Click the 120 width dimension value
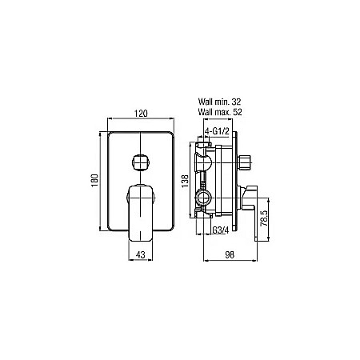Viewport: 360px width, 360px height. (141, 114)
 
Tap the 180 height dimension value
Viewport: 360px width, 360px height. (95, 181)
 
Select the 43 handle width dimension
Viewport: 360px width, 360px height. (141, 255)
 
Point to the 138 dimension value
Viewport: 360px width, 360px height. (185, 181)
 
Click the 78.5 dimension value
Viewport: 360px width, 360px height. (264, 218)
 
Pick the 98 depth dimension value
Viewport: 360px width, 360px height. (230, 255)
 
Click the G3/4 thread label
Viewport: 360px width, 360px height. (221, 230)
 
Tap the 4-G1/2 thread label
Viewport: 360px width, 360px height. (217, 131)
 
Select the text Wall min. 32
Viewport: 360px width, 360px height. (219, 102)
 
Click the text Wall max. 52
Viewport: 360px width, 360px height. (220, 112)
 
